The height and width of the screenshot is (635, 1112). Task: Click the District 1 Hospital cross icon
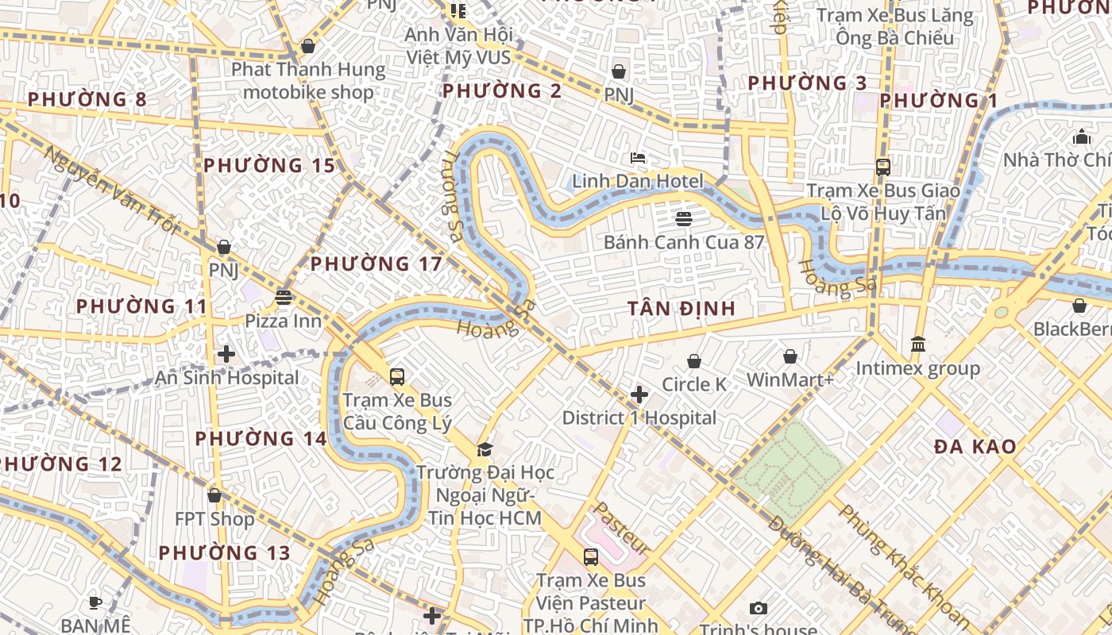point(639,394)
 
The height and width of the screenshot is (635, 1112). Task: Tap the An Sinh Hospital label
point(227,378)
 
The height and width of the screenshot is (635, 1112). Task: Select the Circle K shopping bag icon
point(694,361)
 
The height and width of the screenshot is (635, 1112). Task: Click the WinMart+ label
point(790,380)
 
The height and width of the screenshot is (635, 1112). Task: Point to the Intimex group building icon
point(918,344)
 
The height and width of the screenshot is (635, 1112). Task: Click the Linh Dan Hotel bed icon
point(638,158)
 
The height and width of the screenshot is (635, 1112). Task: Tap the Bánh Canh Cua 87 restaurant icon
point(684,218)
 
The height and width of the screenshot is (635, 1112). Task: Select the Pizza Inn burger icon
point(284,298)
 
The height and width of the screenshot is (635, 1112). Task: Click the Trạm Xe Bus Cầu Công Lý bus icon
point(397,377)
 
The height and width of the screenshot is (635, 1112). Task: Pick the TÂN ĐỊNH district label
point(681,309)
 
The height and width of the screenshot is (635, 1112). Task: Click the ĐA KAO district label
point(975,447)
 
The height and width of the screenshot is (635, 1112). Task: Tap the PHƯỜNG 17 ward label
point(376,264)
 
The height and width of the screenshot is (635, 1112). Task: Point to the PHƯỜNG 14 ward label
point(261,439)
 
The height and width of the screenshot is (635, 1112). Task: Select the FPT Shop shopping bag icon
point(214,495)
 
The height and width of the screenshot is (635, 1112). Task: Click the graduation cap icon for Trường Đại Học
point(485,450)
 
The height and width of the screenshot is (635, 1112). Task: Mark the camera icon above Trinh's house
point(759,608)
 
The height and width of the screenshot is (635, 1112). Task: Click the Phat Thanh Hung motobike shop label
point(308,81)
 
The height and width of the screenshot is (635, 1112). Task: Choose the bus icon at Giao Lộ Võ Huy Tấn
point(882,167)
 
